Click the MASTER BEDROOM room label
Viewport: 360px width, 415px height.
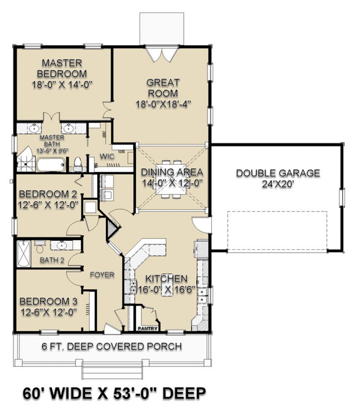click(x=62, y=68)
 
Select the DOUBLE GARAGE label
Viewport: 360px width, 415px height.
click(x=278, y=173)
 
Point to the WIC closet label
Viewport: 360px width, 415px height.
click(x=107, y=156)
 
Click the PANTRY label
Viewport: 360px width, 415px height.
click(x=148, y=328)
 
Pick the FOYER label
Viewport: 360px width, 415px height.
click(x=102, y=275)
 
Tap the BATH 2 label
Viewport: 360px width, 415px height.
click(x=52, y=260)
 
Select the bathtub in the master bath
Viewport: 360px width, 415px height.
click(x=51, y=165)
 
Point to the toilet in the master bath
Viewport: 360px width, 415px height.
click(x=78, y=163)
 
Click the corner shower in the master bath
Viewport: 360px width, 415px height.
click(x=26, y=160)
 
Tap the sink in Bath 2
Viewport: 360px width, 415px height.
click(x=61, y=245)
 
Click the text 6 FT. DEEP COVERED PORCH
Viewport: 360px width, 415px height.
click(x=112, y=347)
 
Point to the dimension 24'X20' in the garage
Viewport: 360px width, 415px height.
click(x=278, y=184)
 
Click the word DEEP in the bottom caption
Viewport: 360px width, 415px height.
click(x=184, y=393)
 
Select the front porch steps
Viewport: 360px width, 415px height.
click(x=112, y=370)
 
